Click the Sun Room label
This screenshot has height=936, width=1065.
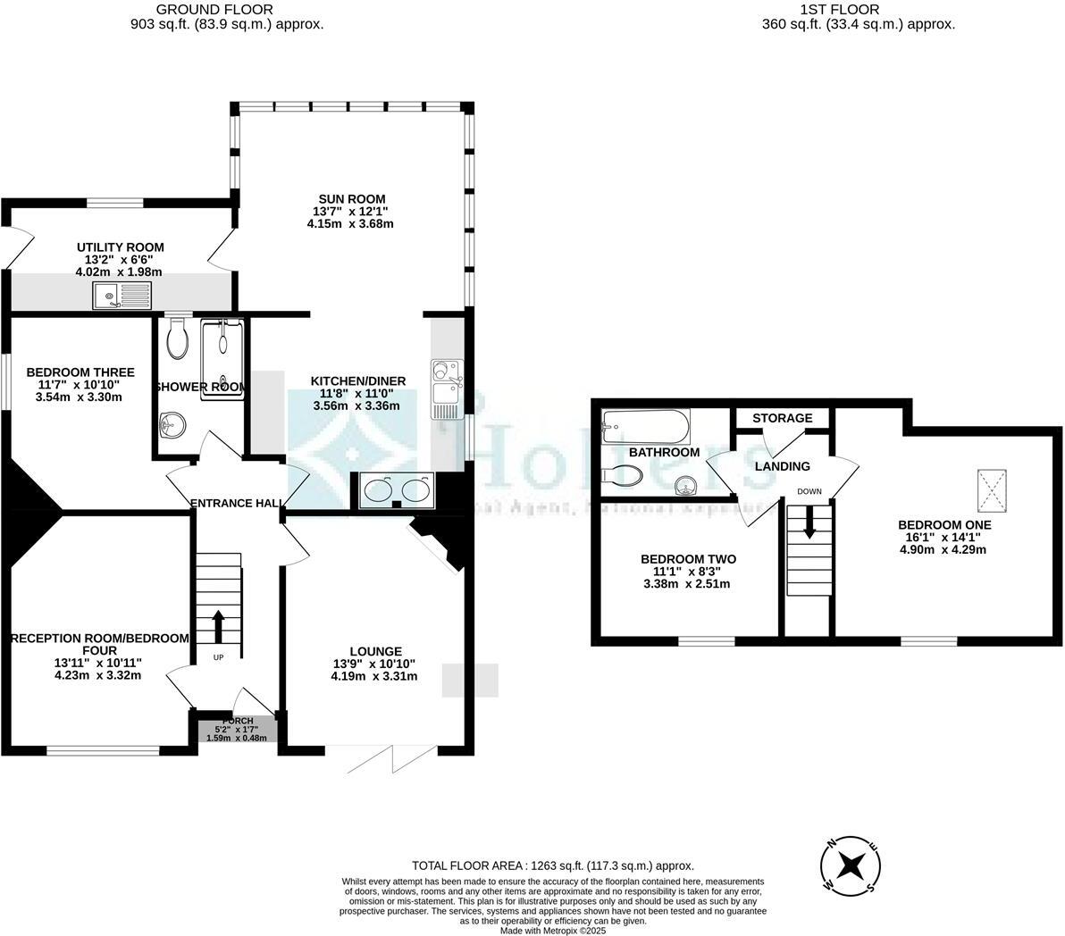click(349, 198)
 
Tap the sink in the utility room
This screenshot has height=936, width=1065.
click(123, 294)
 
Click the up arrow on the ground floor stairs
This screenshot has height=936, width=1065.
click(218, 626)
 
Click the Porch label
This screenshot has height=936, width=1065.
click(237, 721)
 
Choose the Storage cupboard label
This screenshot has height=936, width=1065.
click(782, 418)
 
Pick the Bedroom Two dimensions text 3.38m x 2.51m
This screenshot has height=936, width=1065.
click(686, 584)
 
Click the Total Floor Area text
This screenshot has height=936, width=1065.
click(552, 865)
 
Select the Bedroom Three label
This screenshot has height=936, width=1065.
click(80, 372)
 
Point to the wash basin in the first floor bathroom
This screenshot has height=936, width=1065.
click(685, 485)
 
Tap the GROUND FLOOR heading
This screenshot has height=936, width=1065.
click(227, 10)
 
